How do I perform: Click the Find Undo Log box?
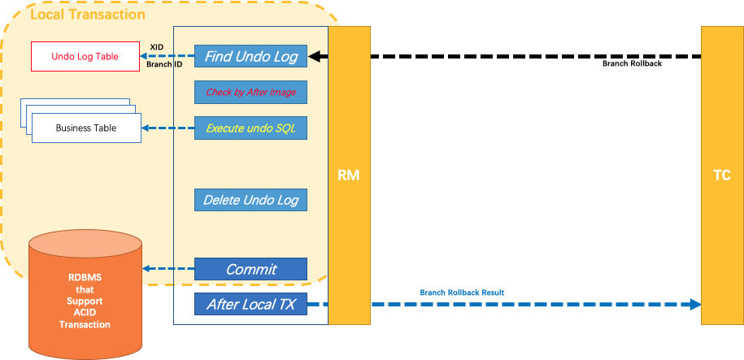250,57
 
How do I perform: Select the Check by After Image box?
250,93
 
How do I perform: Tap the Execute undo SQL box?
250,128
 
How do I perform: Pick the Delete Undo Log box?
250,200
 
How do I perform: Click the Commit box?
250,269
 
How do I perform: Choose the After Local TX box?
250,305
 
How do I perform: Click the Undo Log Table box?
85,56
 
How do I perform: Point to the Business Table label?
85,128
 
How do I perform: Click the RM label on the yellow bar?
349,176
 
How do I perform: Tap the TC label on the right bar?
721,176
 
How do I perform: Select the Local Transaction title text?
88,15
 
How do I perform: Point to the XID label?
157,47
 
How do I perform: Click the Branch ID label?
164,63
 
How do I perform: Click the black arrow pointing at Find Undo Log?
319,57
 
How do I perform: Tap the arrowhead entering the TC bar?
694,305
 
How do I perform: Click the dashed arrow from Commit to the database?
168,269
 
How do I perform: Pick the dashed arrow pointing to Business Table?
168,128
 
